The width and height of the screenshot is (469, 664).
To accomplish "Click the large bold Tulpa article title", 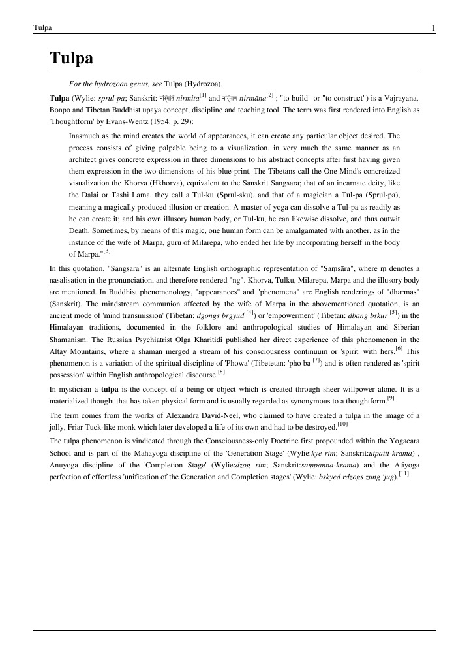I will [72, 59].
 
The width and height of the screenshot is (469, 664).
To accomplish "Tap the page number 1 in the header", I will [433, 27].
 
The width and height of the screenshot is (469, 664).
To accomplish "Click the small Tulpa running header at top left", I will [42, 27].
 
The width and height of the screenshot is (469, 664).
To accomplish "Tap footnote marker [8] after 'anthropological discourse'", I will [220, 373].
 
